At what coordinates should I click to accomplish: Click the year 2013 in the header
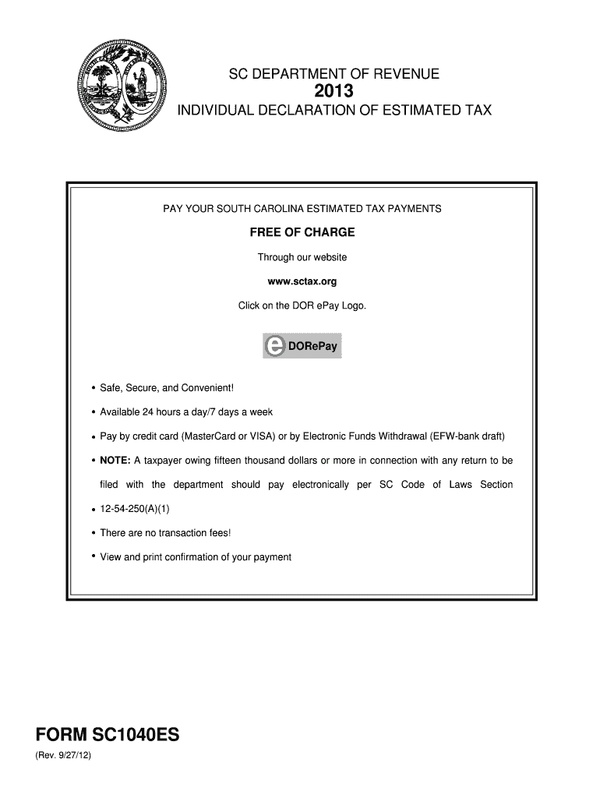pyautogui.click(x=334, y=93)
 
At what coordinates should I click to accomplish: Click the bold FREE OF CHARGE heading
pyautogui.click(x=302, y=232)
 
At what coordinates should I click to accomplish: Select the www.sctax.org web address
pyautogui.click(x=302, y=281)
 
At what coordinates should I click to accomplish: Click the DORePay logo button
pyautogui.click(x=302, y=347)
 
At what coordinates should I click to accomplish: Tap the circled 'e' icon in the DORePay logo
pyautogui.click(x=274, y=347)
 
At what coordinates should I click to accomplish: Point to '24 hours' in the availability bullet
pyautogui.click(x=170, y=412)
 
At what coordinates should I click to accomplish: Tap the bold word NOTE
pyautogui.click(x=115, y=461)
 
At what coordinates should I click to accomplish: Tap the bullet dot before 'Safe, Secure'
pyautogui.click(x=94, y=387)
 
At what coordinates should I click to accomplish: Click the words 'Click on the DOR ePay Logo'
pyautogui.click(x=302, y=305)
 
